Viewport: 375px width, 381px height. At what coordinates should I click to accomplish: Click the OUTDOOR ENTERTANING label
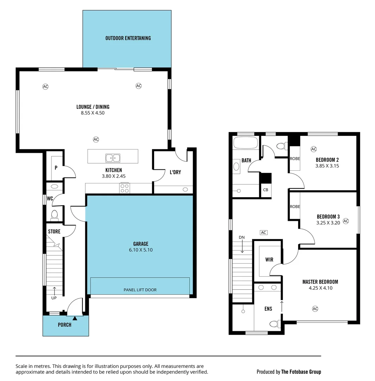pyautogui.click(x=128, y=38)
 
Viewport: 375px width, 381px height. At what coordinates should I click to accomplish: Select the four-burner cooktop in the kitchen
pyautogui.click(x=125, y=188)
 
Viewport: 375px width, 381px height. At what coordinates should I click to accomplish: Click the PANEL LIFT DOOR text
pyautogui.click(x=140, y=290)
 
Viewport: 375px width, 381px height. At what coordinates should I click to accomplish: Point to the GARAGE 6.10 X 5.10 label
pyautogui.click(x=141, y=247)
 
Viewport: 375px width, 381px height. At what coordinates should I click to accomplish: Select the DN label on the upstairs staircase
pyautogui.click(x=241, y=237)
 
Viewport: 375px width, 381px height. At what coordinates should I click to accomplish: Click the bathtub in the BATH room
pyautogui.click(x=245, y=144)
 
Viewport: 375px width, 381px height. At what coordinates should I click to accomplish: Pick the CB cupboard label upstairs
pyautogui.click(x=265, y=190)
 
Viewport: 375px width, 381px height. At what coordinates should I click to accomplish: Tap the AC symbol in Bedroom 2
pyautogui.click(x=314, y=149)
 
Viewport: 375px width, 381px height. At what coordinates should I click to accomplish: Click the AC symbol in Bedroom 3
pyautogui.click(x=346, y=221)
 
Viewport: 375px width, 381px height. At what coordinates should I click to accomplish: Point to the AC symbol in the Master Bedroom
pyautogui.click(x=315, y=309)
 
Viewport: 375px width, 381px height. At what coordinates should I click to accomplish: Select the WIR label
pyautogui.click(x=269, y=260)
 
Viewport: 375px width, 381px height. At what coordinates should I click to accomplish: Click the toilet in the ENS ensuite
pyautogui.click(x=274, y=323)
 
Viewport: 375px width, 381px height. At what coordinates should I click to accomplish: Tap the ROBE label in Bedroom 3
pyautogui.click(x=295, y=207)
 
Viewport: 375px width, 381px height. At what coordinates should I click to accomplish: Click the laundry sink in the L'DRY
pyautogui.click(x=185, y=189)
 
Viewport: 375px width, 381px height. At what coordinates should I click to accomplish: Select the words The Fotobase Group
pyautogui.click(x=301, y=371)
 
